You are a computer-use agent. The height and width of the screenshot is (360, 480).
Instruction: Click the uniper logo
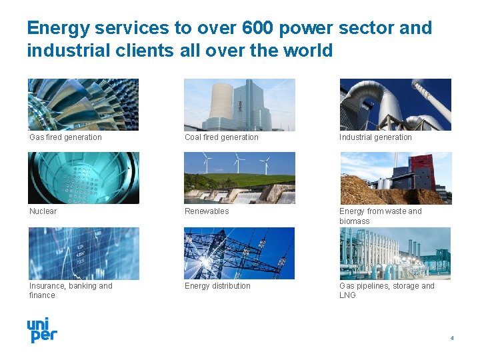coord(41,330)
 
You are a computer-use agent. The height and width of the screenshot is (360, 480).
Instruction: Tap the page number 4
coord(451,338)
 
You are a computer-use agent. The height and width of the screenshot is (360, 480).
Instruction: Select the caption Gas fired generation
coord(65,137)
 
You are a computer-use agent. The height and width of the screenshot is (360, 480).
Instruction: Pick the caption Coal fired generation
coord(221,137)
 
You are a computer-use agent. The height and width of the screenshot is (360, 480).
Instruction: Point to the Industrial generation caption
coord(375,137)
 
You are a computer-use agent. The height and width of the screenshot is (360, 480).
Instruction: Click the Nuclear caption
coord(43,211)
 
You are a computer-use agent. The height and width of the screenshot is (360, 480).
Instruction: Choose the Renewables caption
coord(207,211)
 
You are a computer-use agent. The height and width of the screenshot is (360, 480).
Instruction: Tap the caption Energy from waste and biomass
coord(380,216)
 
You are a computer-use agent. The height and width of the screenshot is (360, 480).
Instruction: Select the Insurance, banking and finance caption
coord(70,291)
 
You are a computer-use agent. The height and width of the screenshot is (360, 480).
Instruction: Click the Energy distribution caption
coord(217,286)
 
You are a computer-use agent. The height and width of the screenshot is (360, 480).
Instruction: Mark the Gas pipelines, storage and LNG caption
coord(386,291)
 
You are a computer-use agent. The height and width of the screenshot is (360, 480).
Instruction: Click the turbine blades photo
coord(83,105)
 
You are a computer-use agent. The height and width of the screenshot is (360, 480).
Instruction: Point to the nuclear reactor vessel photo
coord(83,178)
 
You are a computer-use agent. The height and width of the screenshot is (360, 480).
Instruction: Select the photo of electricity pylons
coord(239,253)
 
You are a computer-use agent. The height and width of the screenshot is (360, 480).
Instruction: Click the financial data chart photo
coord(83,253)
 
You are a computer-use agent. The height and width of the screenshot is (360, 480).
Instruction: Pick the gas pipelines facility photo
coord(395,253)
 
